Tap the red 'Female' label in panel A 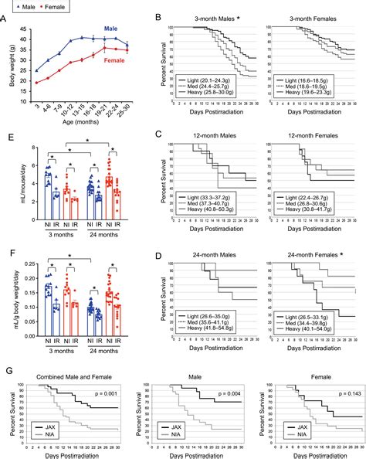coord(114,57)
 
